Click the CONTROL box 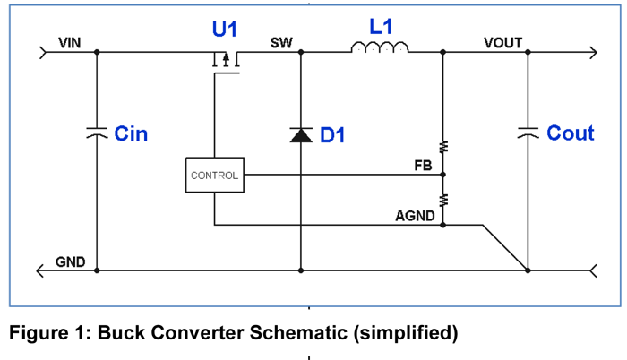tap(214, 176)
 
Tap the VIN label tap(70, 42)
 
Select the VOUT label tap(502, 42)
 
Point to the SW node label tap(281, 42)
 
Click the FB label tap(423, 166)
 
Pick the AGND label tap(415, 216)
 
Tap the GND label tap(70, 262)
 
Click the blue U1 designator tap(225, 30)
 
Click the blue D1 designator tap(332, 136)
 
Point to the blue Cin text tap(131, 134)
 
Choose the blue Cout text tap(571, 133)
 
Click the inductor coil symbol tap(380, 48)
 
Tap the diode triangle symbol tap(300, 135)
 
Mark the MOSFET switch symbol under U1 tap(225, 61)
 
